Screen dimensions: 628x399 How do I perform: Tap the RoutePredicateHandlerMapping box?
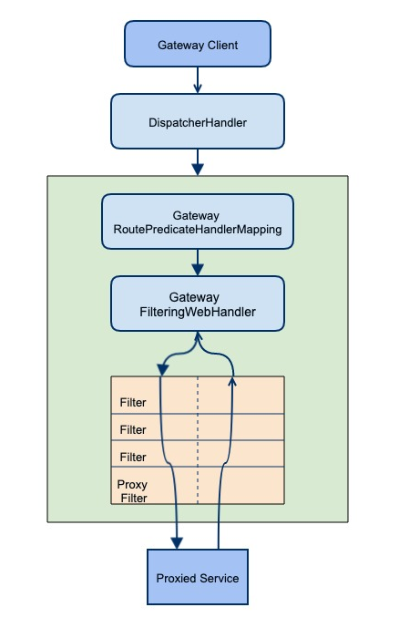(197, 221)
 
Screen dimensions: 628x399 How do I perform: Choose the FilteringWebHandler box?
(197, 304)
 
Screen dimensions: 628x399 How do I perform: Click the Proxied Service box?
(197, 578)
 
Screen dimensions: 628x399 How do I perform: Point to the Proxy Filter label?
(132, 491)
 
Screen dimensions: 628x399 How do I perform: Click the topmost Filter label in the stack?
(132, 402)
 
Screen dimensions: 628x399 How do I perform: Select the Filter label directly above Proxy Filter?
(132, 457)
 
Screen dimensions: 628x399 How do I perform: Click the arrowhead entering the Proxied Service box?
(176, 544)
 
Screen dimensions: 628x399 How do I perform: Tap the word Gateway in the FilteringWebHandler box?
(197, 297)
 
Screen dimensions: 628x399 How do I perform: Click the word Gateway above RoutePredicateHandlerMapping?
(197, 214)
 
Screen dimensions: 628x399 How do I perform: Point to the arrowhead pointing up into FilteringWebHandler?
(197, 337)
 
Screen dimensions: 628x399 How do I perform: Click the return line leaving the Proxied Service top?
(218, 533)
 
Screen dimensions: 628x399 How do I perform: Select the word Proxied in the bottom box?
(175, 578)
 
